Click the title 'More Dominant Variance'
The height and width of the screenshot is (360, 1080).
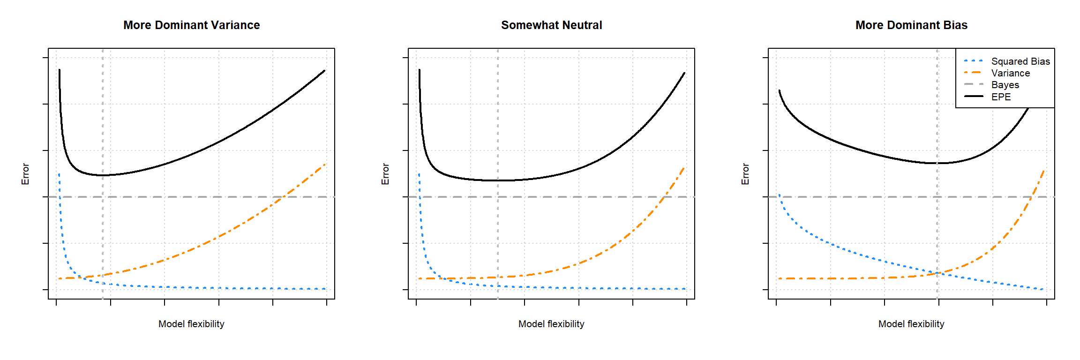pyautogui.click(x=191, y=25)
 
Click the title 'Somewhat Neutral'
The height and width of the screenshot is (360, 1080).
pyautogui.click(x=551, y=25)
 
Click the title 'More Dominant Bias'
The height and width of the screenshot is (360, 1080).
pyautogui.click(x=911, y=25)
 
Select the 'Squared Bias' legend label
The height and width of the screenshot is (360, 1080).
pyautogui.click(x=1020, y=61)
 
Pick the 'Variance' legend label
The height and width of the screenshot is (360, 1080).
pyautogui.click(x=1011, y=73)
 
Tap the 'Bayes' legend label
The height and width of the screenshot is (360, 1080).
pyautogui.click(x=1005, y=85)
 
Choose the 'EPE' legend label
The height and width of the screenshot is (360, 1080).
pyautogui.click(x=1001, y=97)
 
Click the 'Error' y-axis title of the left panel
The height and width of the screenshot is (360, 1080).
pyautogui.click(x=25, y=174)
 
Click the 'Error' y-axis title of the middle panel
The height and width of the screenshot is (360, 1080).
pyautogui.click(x=385, y=174)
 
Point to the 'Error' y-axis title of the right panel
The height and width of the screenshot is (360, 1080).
pyautogui.click(x=745, y=174)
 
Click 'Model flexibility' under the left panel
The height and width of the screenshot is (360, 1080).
pyautogui.click(x=191, y=324)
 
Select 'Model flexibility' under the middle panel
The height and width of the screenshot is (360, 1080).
pyautogui.click(x=551, y=324)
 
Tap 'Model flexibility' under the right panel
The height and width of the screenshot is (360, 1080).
pyautogui.click(x=911, y=324)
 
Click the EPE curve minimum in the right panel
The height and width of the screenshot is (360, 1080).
pyautogui.click(x=937, y=163)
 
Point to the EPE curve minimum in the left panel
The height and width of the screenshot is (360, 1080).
pyautogui.click(x=103, y=175)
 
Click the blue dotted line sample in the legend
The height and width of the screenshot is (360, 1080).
pyautogui.click(x=974, y=61)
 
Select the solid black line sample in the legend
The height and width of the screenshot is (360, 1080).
pyautogui.click(x=974, y=97)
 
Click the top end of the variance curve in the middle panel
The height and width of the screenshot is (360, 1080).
pyautogui.click(x=684, y=167)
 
